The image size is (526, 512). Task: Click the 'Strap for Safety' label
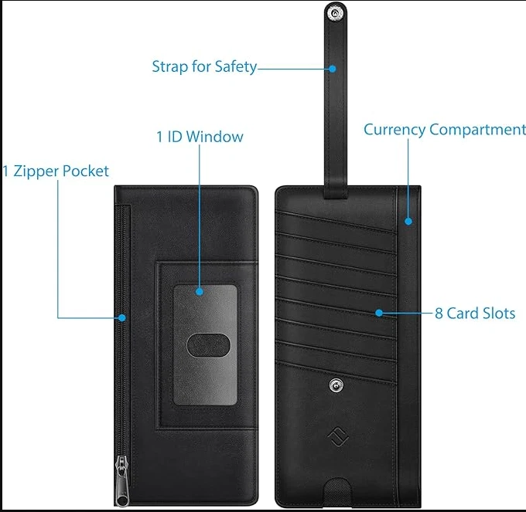click(x=204, y=67)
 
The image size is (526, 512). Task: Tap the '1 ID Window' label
click(x=200, y=137)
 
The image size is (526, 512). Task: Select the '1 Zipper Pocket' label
click(x=55, y=171)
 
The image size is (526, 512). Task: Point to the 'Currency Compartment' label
click(x=444, y=130)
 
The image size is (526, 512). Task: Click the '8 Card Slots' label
click(x=474, y=314)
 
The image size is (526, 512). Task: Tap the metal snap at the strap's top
click(x=334, y=13)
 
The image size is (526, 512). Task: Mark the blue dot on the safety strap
click(x=333, y=68)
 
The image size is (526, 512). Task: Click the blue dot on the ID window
click(x=200, y=292)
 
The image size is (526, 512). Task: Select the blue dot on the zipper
click(x=122, y=317)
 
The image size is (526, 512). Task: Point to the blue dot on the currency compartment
click(x=409, y=221)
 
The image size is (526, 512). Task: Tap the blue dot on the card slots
click(x=379, y=313)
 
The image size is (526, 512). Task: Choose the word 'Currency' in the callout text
click(x=394, y=130)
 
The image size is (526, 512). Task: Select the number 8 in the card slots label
click(x=439, y=314)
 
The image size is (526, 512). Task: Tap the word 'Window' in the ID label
click(x=214, y=137)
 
